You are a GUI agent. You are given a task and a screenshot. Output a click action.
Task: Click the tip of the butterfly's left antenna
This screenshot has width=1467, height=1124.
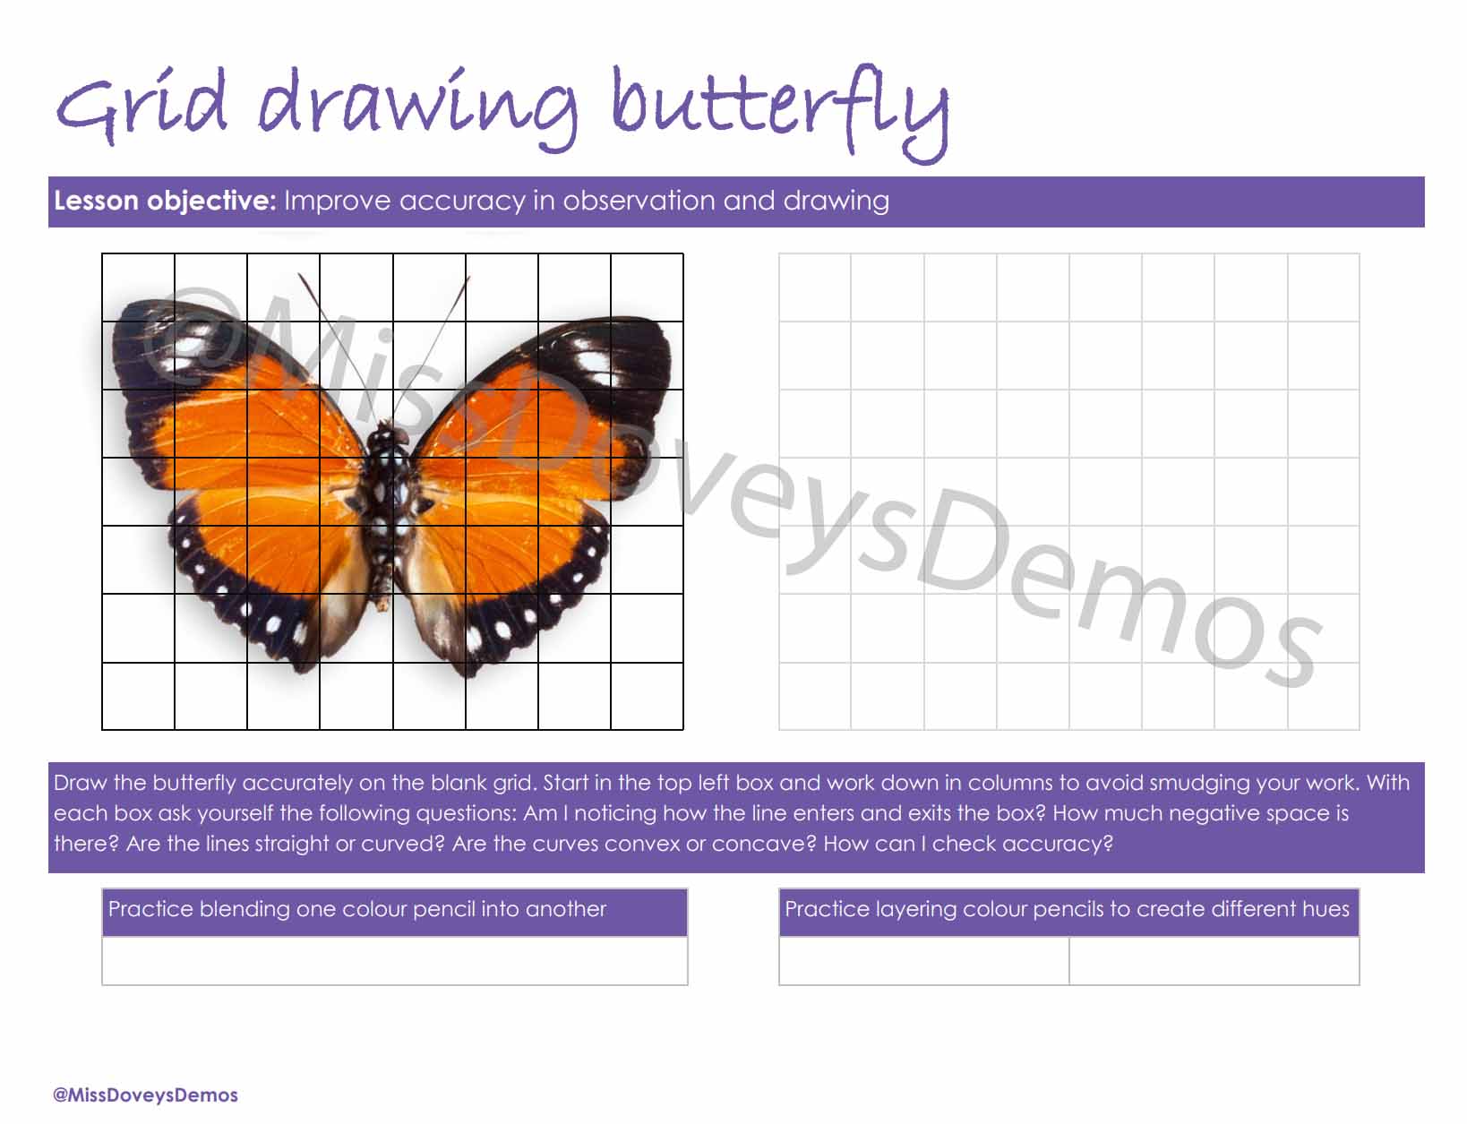click(299, 274)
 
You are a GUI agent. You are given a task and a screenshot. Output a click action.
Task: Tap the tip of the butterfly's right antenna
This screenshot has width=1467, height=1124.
click(468, 278)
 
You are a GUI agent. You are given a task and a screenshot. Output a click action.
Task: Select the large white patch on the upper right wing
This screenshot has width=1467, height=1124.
click(593, 362)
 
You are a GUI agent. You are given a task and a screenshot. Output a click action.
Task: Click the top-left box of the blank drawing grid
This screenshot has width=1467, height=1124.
click(815, 287)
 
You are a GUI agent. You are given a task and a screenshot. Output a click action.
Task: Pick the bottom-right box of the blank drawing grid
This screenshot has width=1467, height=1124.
click(1324, 696)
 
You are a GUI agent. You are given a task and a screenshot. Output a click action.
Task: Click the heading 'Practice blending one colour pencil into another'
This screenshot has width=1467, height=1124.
click(357, 909)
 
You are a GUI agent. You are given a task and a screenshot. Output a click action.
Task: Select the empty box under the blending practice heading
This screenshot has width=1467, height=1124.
click(394, 961)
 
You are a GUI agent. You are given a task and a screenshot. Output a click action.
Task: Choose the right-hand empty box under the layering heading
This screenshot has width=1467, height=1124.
click(1214, 961)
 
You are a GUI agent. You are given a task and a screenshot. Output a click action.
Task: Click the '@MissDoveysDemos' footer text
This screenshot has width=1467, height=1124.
click(145, 1095)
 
